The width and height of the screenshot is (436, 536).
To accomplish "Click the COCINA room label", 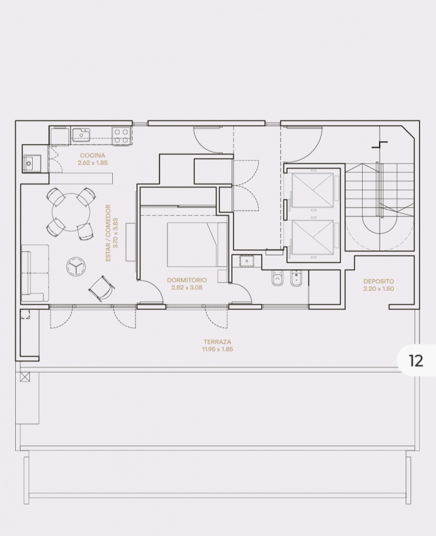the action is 93,156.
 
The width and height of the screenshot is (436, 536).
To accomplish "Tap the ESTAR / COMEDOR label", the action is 108,233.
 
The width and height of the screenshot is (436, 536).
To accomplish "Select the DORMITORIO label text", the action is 187,280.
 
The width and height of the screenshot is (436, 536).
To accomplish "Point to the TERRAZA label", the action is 217,341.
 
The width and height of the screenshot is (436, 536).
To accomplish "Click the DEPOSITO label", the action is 378,282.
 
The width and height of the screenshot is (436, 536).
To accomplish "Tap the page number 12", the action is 416,361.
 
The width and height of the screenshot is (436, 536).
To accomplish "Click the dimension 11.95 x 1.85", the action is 217,349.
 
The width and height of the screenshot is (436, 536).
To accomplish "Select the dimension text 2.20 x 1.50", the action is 378,288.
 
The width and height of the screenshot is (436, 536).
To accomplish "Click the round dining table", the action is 72,212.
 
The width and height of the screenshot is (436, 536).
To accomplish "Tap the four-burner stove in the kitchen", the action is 122,136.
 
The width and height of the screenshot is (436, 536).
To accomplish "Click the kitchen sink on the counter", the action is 81,135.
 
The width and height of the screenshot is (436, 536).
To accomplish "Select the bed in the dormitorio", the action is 197,245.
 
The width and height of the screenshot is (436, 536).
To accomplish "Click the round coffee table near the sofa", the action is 76,266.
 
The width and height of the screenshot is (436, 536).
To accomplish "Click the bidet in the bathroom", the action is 296,278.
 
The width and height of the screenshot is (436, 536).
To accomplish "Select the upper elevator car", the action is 312,190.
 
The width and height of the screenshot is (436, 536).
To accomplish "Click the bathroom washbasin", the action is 246,261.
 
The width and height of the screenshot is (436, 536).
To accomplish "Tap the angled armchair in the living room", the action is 102,288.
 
